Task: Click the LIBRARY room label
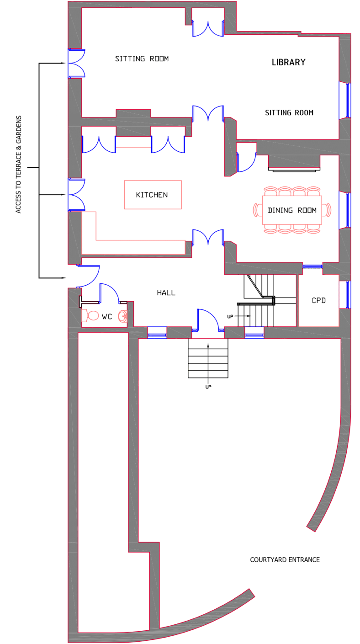click(x=288, y=62)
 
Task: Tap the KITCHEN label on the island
click(x=152, y=195)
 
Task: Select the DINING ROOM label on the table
click(x=292, y=210)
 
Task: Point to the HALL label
click(x=166, y=293)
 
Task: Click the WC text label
click(x=107, y=317)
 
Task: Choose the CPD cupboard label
click(x=318, y=300)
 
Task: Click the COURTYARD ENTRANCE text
click(x=285, y=559)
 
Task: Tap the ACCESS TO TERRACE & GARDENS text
click(x=18, y=165)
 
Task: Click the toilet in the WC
click(x=90, y=315)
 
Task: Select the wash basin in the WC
click(x=123, y=316)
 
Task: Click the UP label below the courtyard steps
click(x=208, y=387)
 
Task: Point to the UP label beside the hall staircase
click(x=230, y=317)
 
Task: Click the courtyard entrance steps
click(x=208, y=358)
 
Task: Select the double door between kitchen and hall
click(x=208, y=238)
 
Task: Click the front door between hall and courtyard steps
click(x=208, y=320)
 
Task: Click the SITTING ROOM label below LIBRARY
click(x=289, y=113)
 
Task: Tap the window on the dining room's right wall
click(x=345, y=210)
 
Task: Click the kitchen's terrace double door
click(x=76, y=195)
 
